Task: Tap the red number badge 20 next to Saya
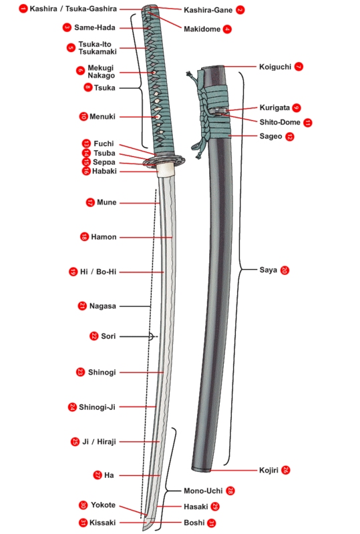tap(285, 270)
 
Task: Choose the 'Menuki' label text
tap(103, 116)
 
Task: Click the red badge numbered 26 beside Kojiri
tap(286, 470)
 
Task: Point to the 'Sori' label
tap(108, 336)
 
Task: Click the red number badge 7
tap(299, 67)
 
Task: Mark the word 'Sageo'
tap(271, 136)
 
